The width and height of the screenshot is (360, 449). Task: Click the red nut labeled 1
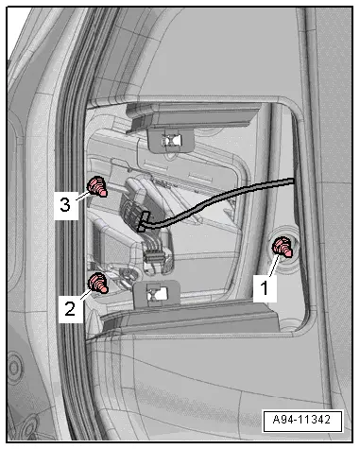(x=282, y=248)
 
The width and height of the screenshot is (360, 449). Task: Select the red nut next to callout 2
(x=96, y=282)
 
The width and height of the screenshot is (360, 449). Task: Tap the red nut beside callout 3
(x=95, y=185)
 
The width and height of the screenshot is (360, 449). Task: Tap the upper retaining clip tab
(x=166, y=138)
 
